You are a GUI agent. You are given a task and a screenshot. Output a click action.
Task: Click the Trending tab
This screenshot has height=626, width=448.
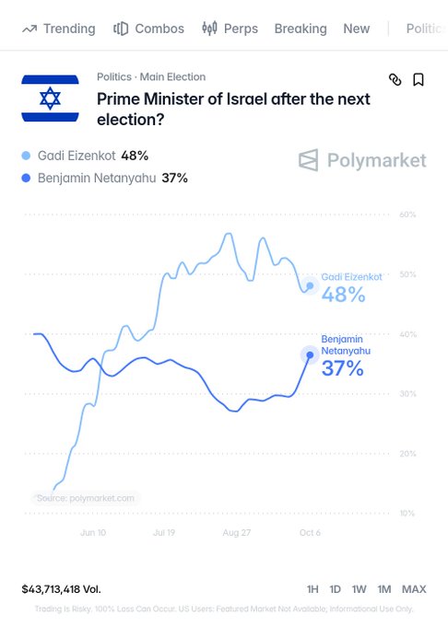pos(59,29)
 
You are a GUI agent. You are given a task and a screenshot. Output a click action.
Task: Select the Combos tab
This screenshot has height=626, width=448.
pos(148,29)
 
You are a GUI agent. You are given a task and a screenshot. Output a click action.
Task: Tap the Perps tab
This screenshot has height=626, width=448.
pos(230,29)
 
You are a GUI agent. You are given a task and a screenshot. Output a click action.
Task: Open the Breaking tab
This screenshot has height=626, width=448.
pos(301,29)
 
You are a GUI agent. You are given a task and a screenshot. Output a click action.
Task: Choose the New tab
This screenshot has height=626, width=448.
pos(357,29)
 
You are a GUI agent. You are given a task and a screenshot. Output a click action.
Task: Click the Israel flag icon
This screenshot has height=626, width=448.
pos(50,99)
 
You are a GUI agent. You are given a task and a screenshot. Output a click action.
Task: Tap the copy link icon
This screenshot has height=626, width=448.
pos(395,79)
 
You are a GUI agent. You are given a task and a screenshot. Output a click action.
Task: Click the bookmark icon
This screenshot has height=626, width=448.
pos(419,79)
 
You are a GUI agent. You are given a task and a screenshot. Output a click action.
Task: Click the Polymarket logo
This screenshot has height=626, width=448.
pos(362,160)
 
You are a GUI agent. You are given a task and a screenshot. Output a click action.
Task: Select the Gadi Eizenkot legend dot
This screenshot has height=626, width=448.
pos(26,156)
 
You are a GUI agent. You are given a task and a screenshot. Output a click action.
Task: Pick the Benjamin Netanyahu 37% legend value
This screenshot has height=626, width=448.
pos(174,178)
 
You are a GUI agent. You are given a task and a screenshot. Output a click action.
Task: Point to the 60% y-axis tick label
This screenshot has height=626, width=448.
pos(407,214)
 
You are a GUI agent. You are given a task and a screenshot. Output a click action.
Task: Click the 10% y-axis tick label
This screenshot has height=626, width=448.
pos(407,514)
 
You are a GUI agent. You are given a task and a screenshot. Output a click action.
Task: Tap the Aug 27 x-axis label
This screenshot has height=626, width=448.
pos(237,533)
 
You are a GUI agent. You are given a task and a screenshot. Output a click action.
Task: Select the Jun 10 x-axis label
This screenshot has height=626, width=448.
pos(93,533)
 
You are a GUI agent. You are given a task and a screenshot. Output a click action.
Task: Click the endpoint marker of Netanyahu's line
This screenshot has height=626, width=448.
pos(310,355)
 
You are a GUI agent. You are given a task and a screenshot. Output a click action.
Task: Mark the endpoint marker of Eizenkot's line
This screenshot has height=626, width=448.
pos(310,286)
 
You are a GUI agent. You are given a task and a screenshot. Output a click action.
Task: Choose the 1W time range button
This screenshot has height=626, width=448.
pos(359,589)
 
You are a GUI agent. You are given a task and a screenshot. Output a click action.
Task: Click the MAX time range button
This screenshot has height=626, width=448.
pos(414,589)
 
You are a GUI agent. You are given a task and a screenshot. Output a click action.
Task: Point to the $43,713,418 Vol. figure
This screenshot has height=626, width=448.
pos(61,589)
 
